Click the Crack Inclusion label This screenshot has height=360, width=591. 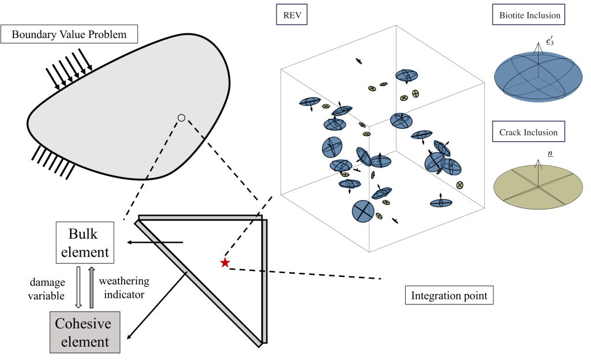click(x=528, y=132)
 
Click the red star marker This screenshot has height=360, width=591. click(x=225, y=263)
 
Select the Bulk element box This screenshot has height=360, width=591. click(x=89, y=242)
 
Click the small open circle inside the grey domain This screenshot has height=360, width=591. click(x=181, y=118)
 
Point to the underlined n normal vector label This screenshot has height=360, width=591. click(x=541, y=155)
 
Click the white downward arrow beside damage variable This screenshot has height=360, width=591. click(x=78, y=287)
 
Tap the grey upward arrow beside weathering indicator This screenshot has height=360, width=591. click(x=92, y=287)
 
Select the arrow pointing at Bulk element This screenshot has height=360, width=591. click(x=156, y=242)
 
